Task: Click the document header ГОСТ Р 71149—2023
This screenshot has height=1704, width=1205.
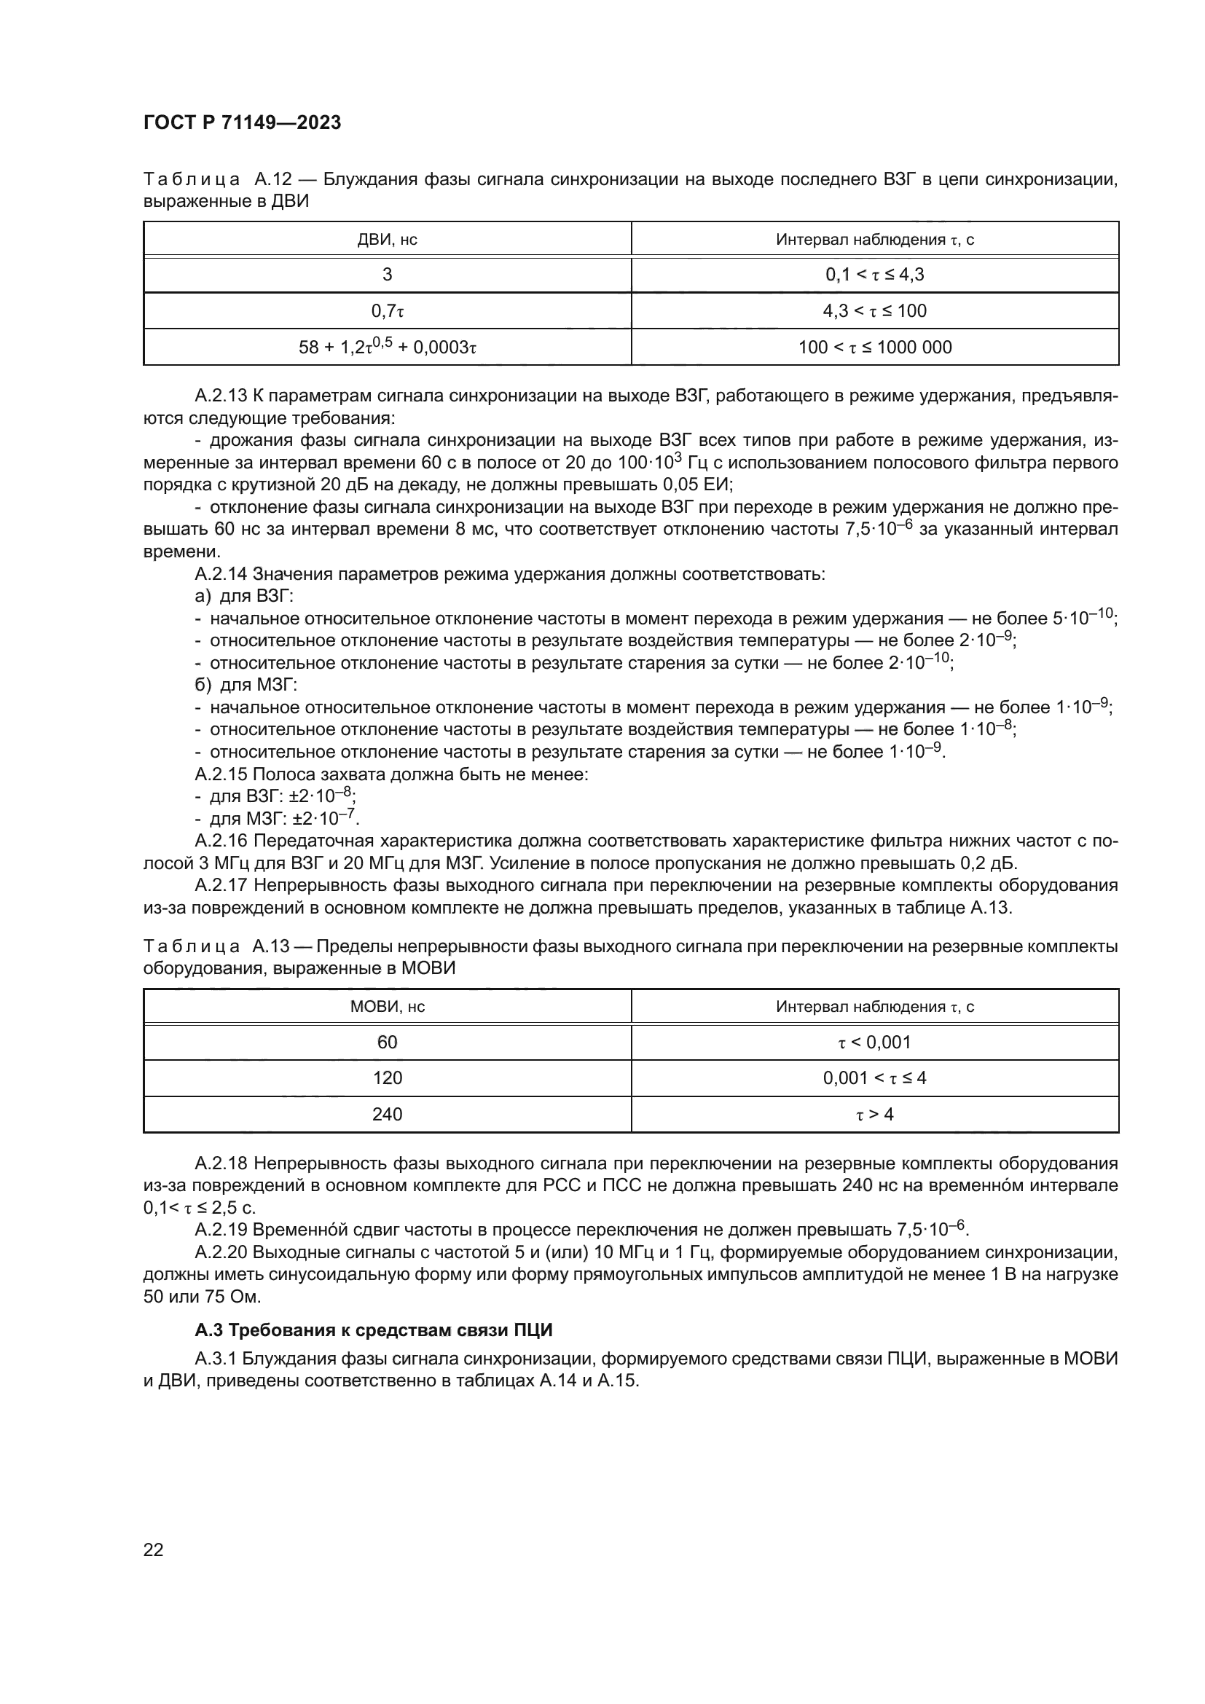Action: [242, 122]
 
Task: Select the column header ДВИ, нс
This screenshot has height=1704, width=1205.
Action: [388, 240]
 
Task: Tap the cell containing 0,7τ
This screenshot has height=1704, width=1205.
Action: [388, 311]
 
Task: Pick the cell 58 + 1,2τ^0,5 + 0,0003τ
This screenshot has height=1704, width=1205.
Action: [388, 348]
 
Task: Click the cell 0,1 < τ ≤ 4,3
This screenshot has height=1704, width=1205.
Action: [875, 275]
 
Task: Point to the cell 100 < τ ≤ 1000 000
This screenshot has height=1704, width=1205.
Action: [875, 348]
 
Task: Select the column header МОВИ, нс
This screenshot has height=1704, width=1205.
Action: [388, 1007]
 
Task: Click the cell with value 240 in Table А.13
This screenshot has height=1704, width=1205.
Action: [388, 1114]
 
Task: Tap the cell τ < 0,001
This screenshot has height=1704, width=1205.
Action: [875, 1043]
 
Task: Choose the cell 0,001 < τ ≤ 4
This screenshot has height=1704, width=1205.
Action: [875, 1077]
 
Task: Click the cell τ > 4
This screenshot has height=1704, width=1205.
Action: [875, 1114]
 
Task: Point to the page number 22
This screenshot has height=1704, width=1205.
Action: [154, 1550]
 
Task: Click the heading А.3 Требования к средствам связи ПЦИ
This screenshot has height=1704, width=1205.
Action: [373, 1330]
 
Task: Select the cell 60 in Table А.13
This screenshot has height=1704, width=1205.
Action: [388, 1043]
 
